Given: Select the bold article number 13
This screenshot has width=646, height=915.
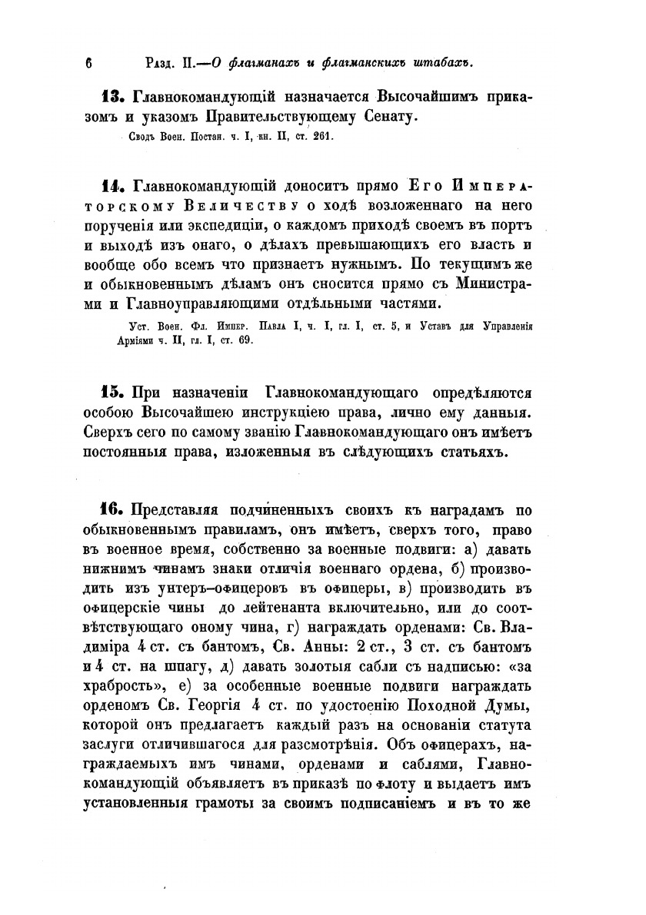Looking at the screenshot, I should tap(115, 98).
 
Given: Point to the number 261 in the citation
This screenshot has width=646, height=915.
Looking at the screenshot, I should tap(321, 141).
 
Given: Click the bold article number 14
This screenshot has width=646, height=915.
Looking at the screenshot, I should tap(115, 187).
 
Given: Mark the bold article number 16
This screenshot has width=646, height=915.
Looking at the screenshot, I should tap(115, 510).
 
